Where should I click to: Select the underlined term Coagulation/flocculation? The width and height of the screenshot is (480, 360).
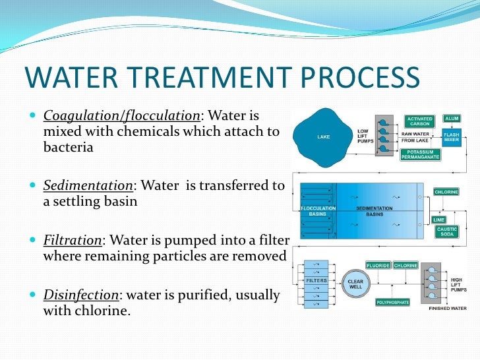pos(121,117)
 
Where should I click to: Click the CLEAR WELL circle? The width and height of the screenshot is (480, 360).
pos(355,284)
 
